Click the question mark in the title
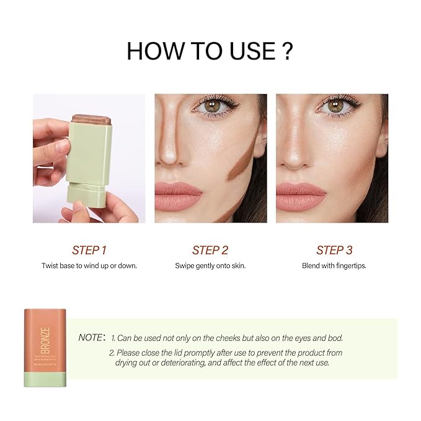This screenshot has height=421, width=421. pos(287,51)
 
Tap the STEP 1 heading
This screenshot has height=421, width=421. pos(89,250)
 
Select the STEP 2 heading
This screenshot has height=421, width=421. pos(210,250)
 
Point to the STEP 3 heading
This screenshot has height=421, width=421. pos(334,250)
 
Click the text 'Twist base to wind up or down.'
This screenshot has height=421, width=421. pos(89,265)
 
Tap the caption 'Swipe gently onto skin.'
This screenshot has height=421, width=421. pos(210,265)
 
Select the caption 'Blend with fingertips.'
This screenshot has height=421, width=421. pos(334,265)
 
